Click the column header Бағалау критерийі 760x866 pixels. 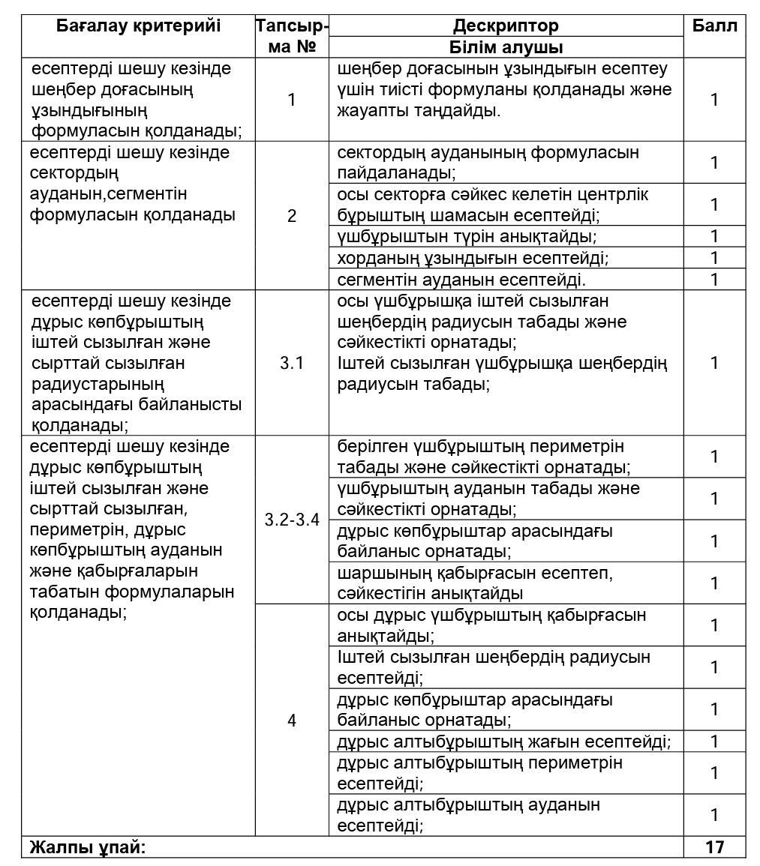pyautogui.click(x=139, y=25)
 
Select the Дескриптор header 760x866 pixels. pyautogui.click(x=506, y=25)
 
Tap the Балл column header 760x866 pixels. pyautogui.click(x=714, y=25)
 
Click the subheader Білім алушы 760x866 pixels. pyautogui.click(x=506, y=47)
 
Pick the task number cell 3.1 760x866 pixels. pyautogui.click(x=292, y=363)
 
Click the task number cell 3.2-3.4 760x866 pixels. pyautogui.click(x=292, y=520)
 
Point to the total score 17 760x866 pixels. pyautogui.click(x=714, y=847)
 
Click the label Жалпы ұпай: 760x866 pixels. pyautogui.click(x=87, y=847)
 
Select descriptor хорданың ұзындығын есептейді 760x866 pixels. pyautogui.click(x=473, y=258)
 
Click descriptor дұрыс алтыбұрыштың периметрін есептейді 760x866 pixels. pyautogui.click(x=480, y=773)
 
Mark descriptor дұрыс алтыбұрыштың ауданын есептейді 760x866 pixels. pyautogui.click(x=469, y=815)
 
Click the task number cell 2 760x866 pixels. pyautogui.click(x=292, y=216)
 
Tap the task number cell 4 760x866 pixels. pyautogui.click(x=292, y=721)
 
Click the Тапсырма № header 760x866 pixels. pyautogui.click(x=292, y=35)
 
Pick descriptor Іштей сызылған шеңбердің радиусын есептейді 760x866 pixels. pyautogui.click(x=494, y=667)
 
